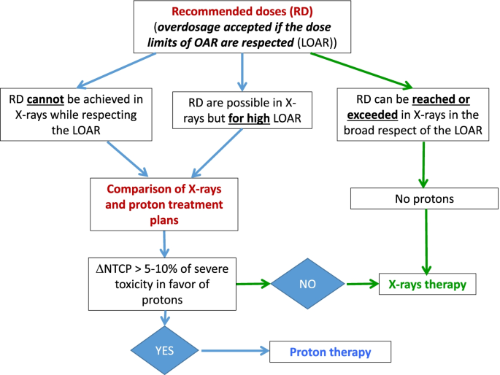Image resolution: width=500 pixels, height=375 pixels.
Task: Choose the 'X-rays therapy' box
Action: tap(428, 284)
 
